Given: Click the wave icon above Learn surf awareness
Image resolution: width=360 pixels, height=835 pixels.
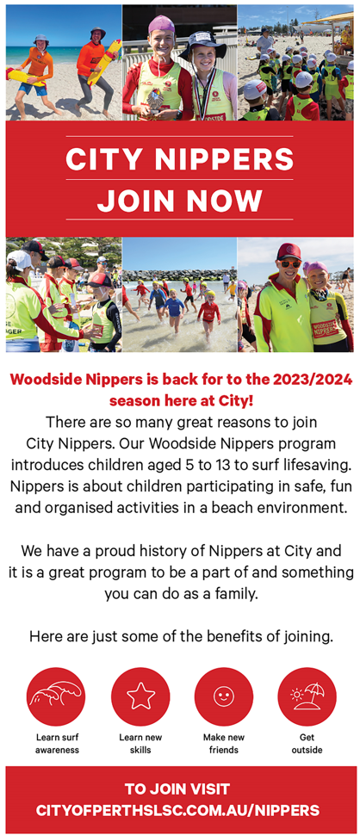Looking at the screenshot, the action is [56, 696].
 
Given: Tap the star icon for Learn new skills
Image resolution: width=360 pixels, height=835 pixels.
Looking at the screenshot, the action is [140, 696].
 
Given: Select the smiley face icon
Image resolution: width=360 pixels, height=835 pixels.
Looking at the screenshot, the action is [224, 696].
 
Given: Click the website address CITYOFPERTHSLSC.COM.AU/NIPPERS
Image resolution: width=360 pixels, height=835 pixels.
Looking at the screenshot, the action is [178, 811].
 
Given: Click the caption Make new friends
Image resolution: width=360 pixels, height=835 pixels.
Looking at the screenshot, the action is [224, 744].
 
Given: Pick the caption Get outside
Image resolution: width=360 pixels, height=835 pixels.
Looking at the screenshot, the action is [307, 744].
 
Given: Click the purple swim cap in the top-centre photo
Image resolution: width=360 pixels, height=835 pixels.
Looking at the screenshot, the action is [161, 23].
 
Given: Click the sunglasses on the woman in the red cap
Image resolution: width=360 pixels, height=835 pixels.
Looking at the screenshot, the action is [289, 264].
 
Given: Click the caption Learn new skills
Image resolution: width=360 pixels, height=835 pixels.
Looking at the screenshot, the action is [140, 744].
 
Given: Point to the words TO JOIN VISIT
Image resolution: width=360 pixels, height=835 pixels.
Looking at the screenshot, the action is [177, 789].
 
